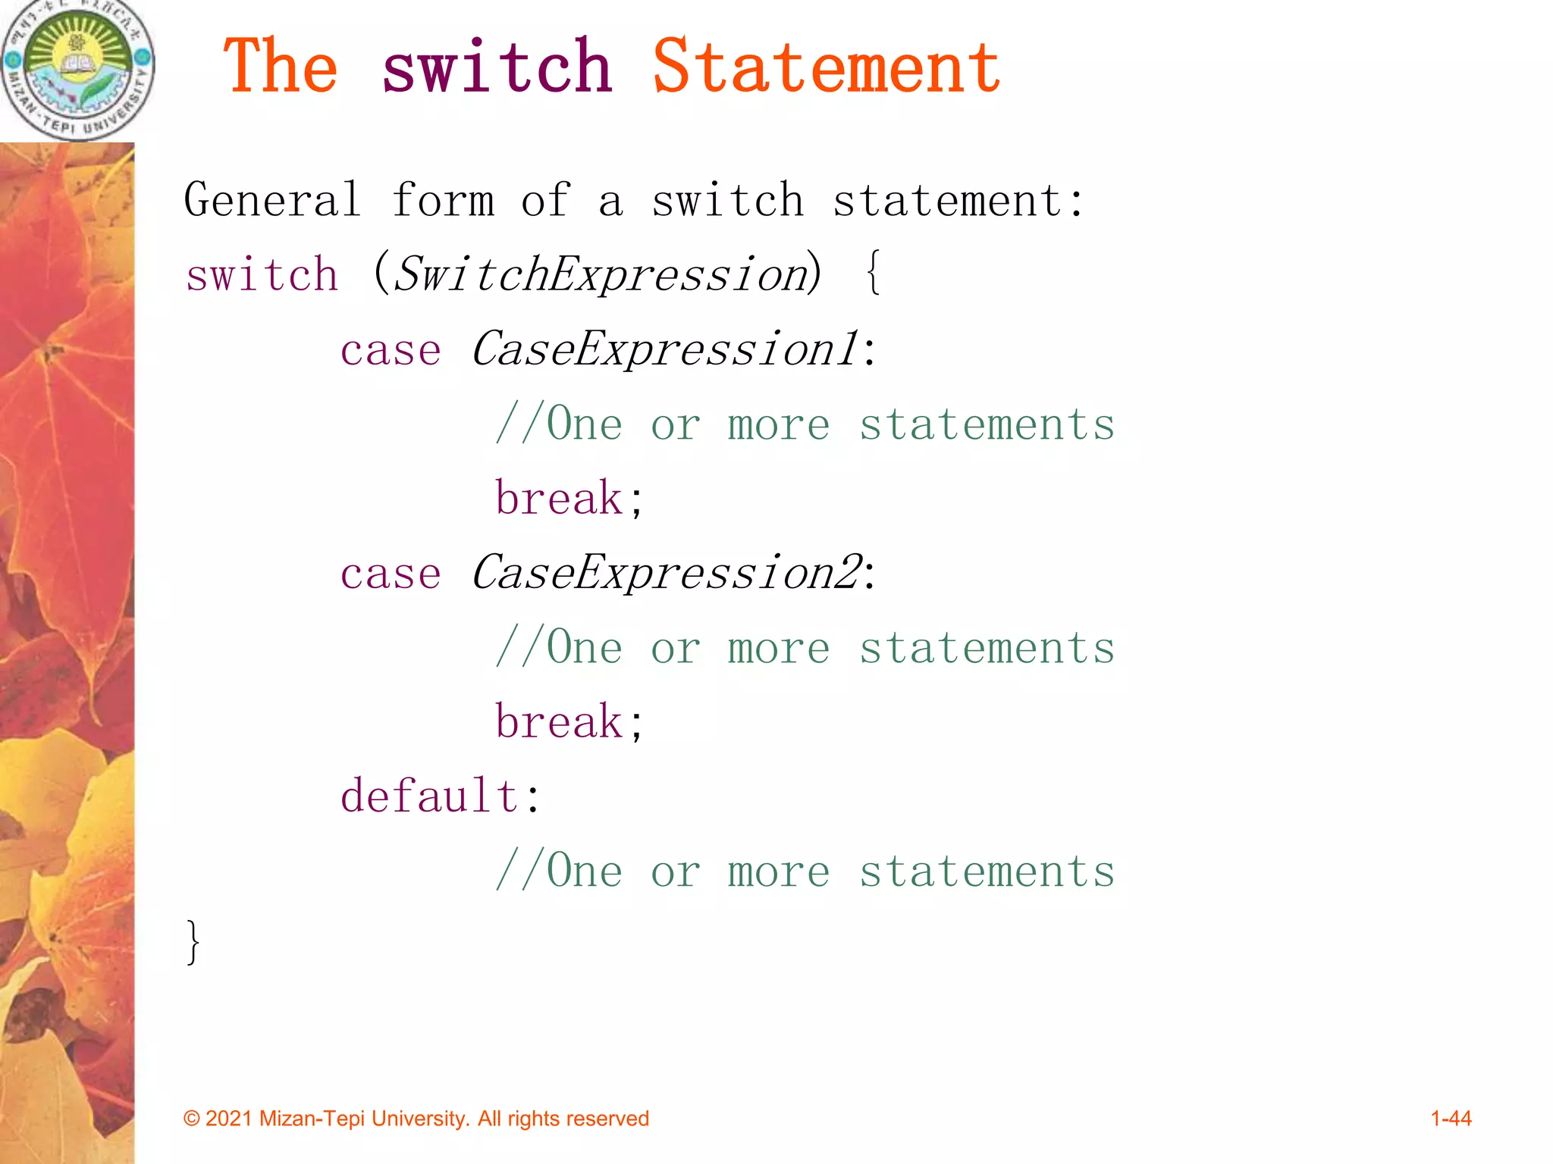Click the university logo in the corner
click(x=77, y=70)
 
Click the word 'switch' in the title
click(x=497, y=68)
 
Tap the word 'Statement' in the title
click(x=826, y=68)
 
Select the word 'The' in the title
click(x=280, y=68)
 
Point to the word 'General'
click(x=272, y=201)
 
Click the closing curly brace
click(x=193, y=942)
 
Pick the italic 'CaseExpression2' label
click(x=667, y=573)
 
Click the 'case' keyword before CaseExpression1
click(x=391, y=351)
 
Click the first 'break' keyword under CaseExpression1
click(x=559, y=499)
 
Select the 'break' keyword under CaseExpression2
click(x=559, y=721)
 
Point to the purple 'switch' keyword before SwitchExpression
click(x=262, y=274)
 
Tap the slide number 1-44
click(x=1451, y=1119)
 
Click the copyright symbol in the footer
click(x=192, y=1119)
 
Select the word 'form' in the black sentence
click(x=443, y=201)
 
